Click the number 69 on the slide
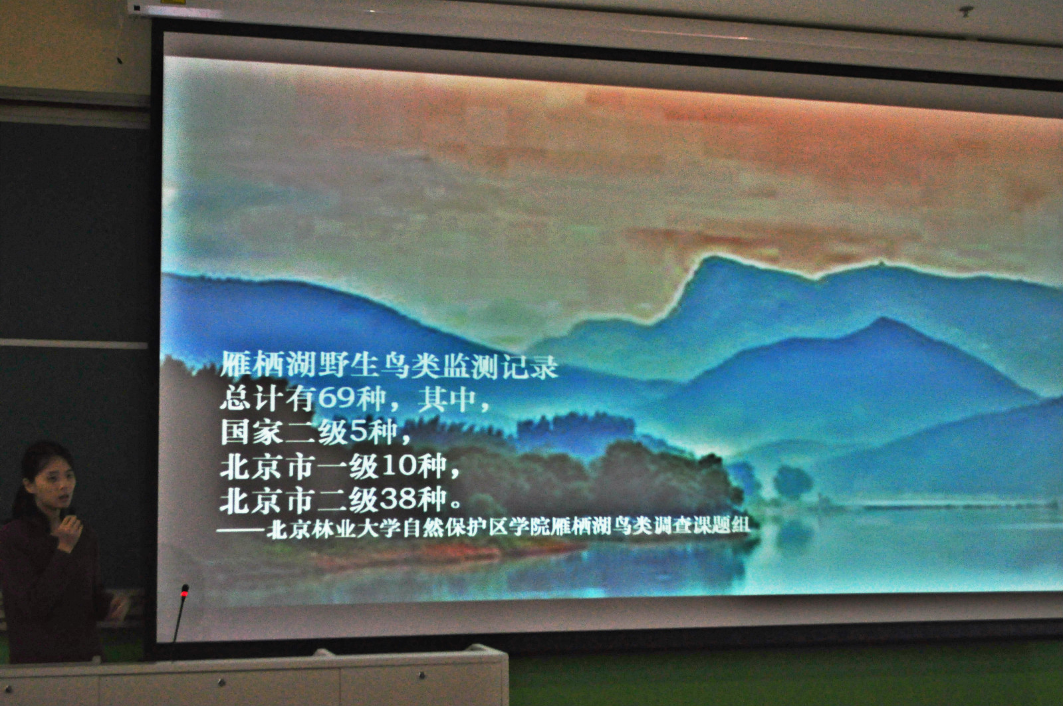[x=336, y=398]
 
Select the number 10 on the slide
[x=400, y=465]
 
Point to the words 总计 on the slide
[x=251, y=398]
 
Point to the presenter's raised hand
[x=70, y=531]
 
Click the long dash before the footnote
[x=241, y=530]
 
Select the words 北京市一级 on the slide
[x=300, y=467]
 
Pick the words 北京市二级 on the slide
[x=300, y=501]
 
